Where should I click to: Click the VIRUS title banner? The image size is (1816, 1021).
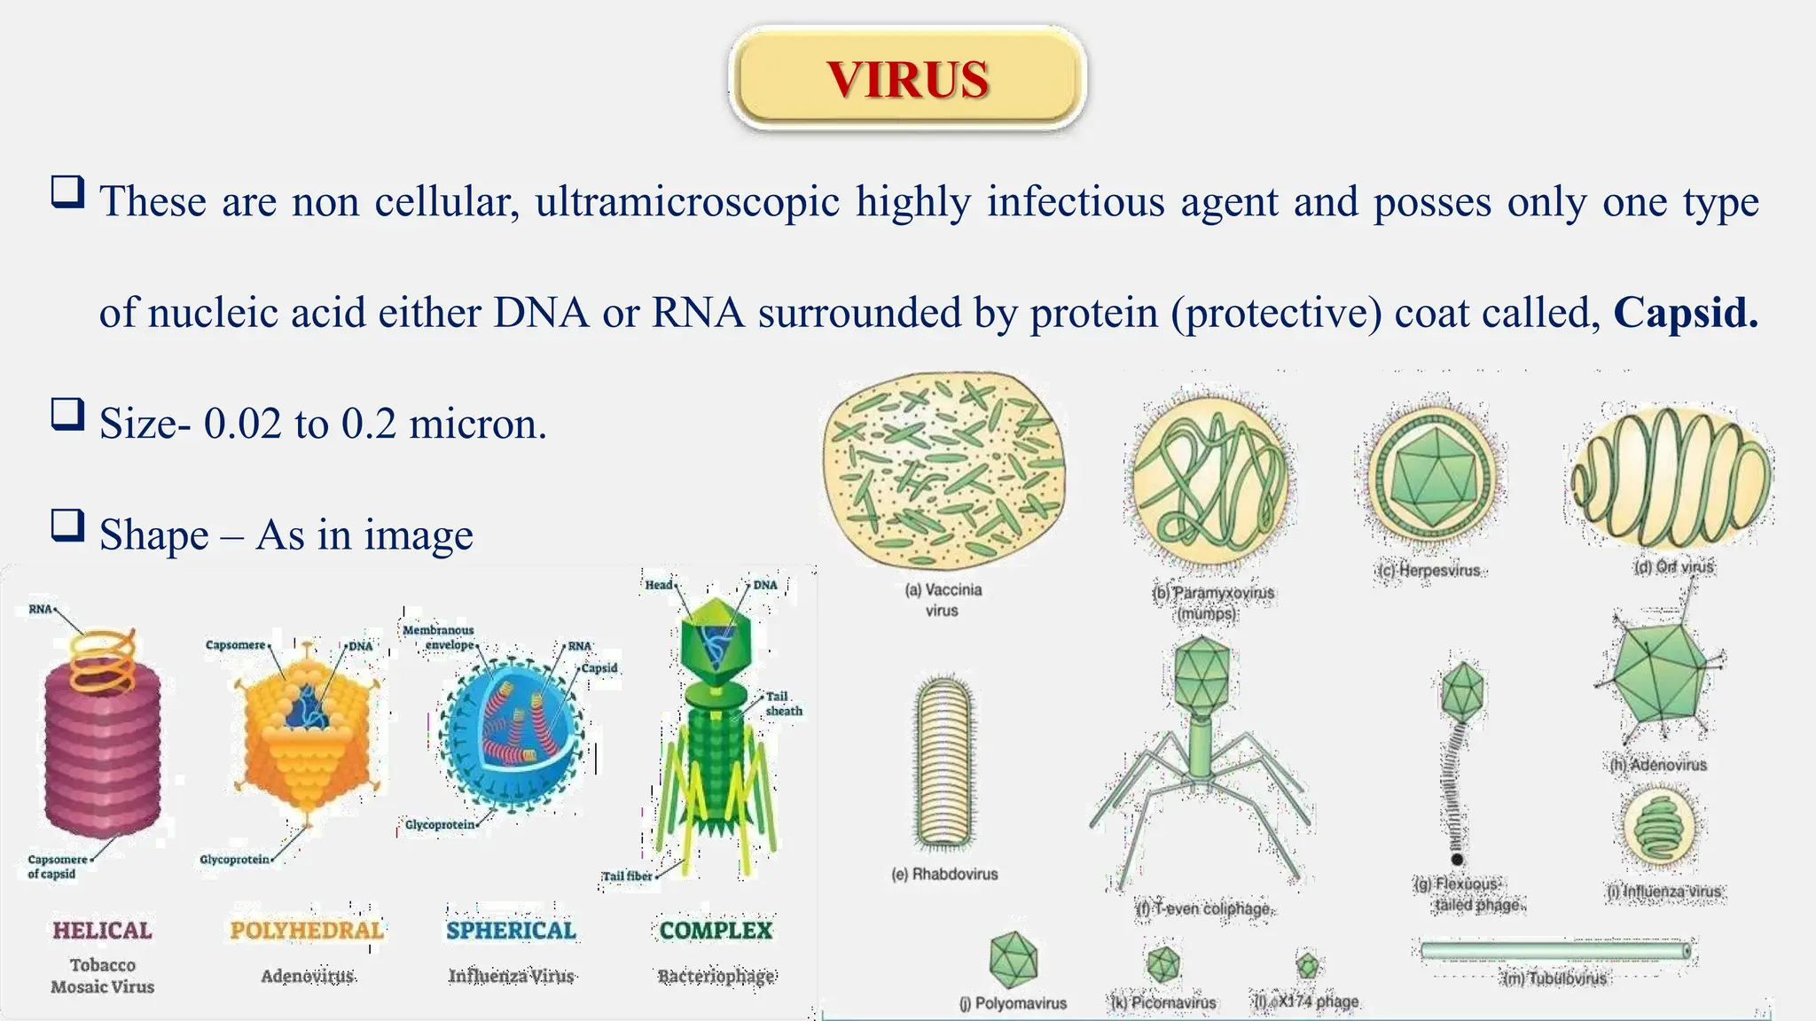(907, 79)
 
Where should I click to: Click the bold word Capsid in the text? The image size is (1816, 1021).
(1684, 313)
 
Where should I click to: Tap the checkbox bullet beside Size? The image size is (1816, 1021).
(67, 414)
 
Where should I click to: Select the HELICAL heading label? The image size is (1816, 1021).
(102, 930)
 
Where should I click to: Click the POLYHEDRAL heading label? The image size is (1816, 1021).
(307, 930)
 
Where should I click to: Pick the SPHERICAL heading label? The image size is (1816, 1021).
(511, 930)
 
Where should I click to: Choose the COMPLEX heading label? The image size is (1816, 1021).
(716, 930)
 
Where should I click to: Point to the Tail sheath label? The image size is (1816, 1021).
(783, 704)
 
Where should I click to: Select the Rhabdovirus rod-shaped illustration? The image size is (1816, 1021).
(944, 762)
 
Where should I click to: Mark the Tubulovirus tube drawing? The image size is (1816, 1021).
(1554, 951)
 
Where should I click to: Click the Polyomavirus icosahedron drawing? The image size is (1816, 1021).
(1013, 959)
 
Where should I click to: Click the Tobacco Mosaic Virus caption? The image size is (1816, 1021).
(102, 976)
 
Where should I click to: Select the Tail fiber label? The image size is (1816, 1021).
(627, 876)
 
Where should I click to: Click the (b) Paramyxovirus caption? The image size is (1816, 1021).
(1212, 603)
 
